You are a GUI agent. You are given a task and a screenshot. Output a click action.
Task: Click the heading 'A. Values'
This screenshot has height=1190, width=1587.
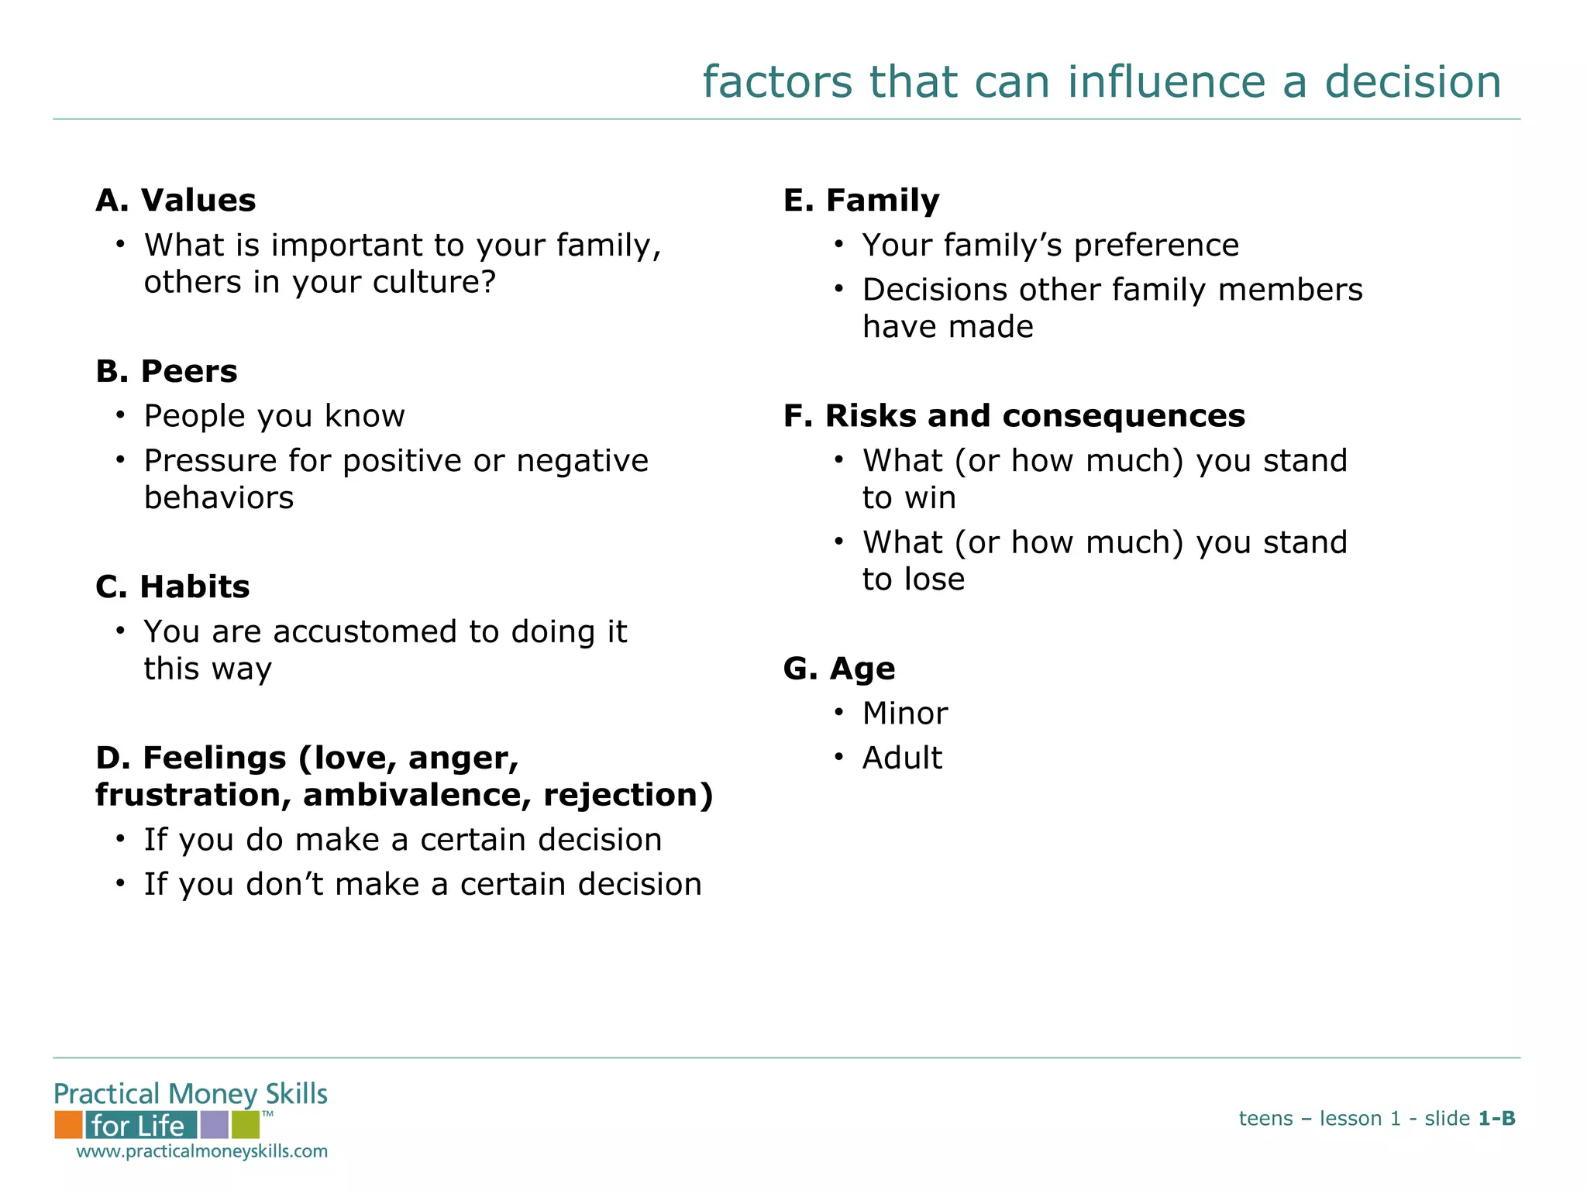pos(175,201)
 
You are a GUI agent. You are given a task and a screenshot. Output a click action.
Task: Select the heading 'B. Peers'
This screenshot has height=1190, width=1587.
pos(166,372)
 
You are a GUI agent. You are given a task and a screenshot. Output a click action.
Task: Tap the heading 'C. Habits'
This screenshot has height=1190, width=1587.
pos(172,587)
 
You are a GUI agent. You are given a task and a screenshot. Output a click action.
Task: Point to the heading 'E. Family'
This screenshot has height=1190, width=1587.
pos(861,201)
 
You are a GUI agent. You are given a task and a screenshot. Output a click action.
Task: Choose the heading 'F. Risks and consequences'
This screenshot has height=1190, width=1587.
pos(1014,416)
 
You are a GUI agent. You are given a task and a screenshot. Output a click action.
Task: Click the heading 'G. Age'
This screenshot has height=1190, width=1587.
pos(838,669)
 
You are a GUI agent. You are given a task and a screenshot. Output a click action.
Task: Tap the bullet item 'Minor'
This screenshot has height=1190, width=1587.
pos(904,714)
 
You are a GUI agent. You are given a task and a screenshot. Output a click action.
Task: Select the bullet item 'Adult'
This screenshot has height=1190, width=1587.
pos(902,758)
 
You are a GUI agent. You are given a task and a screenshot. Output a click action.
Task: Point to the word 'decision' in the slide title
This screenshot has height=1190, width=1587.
pos(1413,82)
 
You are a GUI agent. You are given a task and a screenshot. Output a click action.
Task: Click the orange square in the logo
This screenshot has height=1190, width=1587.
pos(68,1125)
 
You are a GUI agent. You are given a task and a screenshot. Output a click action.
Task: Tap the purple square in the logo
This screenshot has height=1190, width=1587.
pos(214,1125)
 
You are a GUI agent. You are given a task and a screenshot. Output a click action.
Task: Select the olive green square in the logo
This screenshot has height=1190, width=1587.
pos(245,1125)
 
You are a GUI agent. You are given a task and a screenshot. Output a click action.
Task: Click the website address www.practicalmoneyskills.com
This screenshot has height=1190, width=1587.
pos(201,1151)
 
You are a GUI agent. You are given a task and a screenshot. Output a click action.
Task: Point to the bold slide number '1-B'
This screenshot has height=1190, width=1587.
pos(1496,1119)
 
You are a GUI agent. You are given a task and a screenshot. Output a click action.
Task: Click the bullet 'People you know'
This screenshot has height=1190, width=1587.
pos(274,417)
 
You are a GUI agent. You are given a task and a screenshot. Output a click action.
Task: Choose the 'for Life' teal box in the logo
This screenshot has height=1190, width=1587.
pos(140,1125)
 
